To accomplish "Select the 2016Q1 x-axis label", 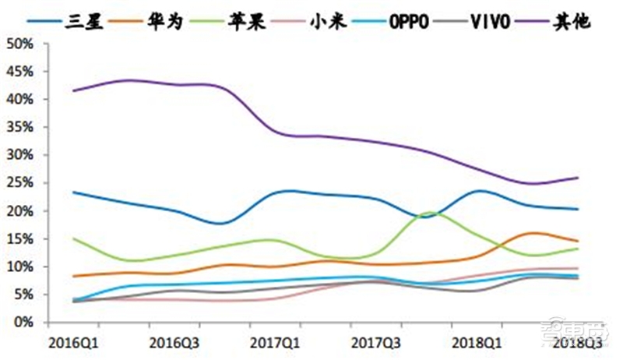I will (x=73, y=342).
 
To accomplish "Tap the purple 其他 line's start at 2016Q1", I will (x=73, y=91).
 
